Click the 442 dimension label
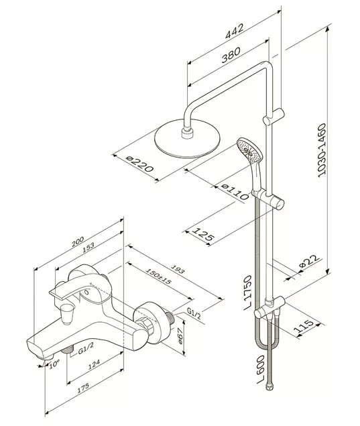click(235, 32)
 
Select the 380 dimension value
click(231, 54)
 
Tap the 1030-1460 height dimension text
click(322, 150)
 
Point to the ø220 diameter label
click(140, 164)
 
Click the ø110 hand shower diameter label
click(235, 192)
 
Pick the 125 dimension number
click(203, 233)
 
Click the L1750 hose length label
click(248, 293)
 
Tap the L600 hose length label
click(261, 369)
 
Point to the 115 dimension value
click(304, 327)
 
